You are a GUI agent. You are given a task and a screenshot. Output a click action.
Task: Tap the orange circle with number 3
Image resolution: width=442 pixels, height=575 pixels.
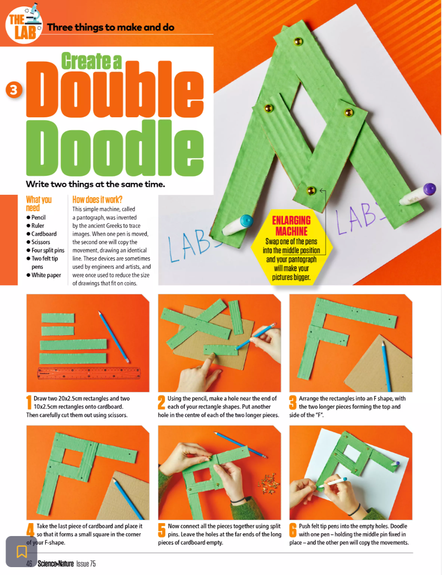(x=14, y=90)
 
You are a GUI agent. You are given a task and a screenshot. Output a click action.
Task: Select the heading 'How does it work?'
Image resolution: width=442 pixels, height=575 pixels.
(x=97, y=199)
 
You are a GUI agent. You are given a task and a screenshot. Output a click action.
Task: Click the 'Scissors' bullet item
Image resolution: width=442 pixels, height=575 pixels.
(x=40, y=242)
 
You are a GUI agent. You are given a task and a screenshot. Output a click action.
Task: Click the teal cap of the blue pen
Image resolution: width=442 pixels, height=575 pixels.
(x=246, y=221)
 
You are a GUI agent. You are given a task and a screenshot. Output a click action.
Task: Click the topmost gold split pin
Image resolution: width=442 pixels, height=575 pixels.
(x=298, y=41)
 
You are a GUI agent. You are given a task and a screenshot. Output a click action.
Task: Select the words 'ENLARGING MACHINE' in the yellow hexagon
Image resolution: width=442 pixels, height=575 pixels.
(x=291, y=226)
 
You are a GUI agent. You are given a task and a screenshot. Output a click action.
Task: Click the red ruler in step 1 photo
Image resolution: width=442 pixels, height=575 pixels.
(x=89, y=373)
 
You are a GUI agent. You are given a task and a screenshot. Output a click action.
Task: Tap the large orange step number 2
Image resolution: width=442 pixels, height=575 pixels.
(x=162, y=403)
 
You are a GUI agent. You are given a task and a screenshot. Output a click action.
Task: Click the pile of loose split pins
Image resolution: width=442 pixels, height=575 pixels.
(x=269, y=484)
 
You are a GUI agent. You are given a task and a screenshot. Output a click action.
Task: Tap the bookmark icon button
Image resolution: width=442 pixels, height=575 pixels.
(x=21, y=551)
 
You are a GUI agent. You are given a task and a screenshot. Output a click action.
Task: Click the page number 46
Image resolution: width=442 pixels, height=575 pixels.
(x=29, y=563)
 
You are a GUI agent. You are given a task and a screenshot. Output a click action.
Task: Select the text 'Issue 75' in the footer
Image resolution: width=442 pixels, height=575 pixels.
(x=86, y=563)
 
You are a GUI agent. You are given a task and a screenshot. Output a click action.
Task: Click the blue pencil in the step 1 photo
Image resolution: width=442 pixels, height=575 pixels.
(x=114, y=337)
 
